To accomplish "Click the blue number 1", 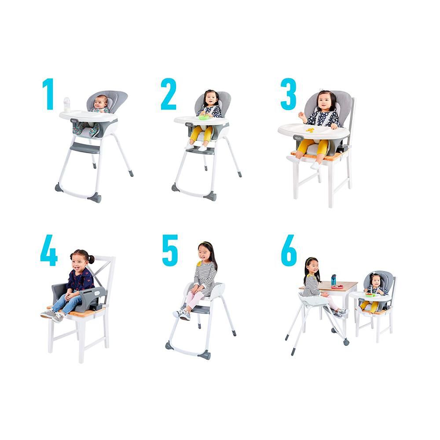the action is coord(48,94).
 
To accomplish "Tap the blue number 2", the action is coord(169,94).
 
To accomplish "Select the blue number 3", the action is coord(289,94).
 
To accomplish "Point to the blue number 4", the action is coord(49,250).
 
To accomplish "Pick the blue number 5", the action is coord(170,250).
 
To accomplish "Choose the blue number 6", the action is coord(289,250).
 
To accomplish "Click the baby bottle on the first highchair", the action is coord(66,105).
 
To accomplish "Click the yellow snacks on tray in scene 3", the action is coord(310,130).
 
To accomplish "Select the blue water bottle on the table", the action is coord(334,280).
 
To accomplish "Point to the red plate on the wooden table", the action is coord(337,287).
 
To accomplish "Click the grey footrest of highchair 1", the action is coord(84,147).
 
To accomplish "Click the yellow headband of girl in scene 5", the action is coord(205,243).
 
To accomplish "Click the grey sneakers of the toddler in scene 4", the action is coord(53,315).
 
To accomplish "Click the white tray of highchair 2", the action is coord(201,121).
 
